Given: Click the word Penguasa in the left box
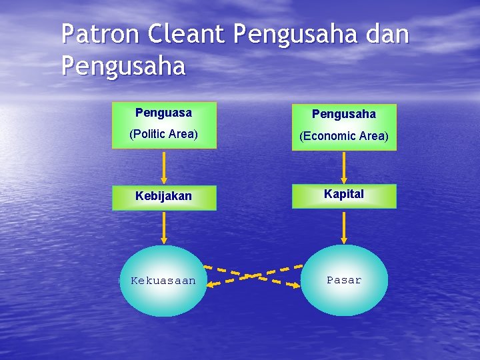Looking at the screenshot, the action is pos(163,113).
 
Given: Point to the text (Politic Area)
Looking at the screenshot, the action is pos(163,134).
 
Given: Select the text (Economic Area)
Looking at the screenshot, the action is pos(343,136).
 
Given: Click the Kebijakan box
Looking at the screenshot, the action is pos(163,197).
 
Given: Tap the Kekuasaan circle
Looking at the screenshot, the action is pos(163,281).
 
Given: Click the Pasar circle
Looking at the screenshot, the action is pos(344,280).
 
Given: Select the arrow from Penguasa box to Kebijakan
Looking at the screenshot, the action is pos(163,166).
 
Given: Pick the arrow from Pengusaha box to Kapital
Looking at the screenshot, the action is pos(344,167).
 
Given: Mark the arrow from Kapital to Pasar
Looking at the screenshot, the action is pos(344,227).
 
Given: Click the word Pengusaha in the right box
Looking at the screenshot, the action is pos(343,114).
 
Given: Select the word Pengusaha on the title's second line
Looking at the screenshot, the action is pos(123,67).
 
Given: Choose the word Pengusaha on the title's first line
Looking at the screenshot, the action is pos(296,35).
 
